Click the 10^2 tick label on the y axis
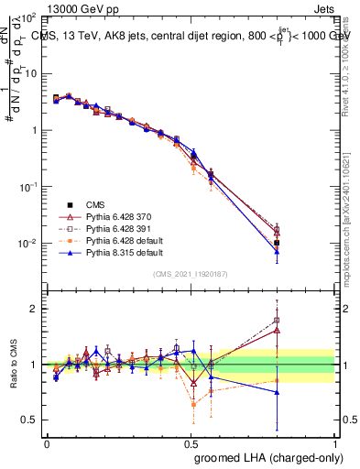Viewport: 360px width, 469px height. [x=30, y=18]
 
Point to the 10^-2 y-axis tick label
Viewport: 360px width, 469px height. [x=29, y=244]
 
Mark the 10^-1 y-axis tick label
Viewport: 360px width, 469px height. [x=29, y=187]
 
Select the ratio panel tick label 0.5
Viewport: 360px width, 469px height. [x=31, y=420]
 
